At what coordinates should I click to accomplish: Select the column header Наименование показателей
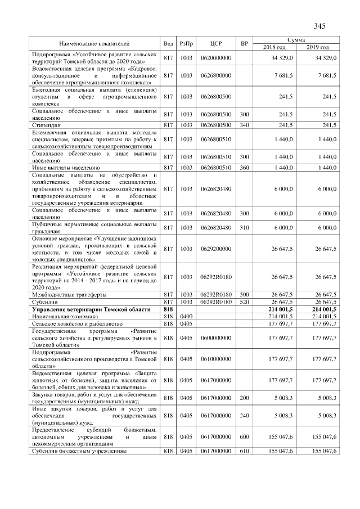[x=94, y=43]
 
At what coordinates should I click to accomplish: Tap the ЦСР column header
[x=217, y=43]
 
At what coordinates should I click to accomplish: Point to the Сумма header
[x=296, y=40]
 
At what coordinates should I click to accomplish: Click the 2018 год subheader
[x=275, y=47]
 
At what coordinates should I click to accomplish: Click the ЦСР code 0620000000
[x=217, y=57]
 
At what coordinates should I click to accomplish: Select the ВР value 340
[x=244, y=125]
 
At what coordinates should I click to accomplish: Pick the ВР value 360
[x=244, y=168]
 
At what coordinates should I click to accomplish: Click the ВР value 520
[x=244, y=302]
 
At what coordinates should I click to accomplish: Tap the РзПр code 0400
[x=186, y=317]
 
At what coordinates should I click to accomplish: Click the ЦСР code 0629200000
[x=217, y=247]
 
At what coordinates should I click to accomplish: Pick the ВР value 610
[x=244, y=451]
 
